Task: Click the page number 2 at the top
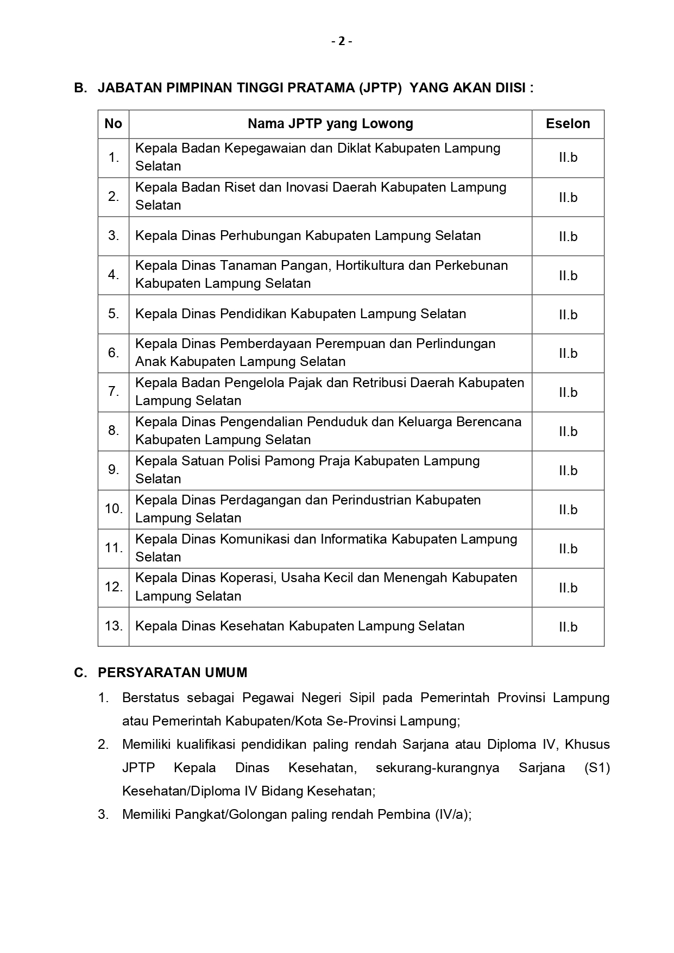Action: point(342,41)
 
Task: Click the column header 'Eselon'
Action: point(568,124)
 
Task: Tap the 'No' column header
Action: point(113,124)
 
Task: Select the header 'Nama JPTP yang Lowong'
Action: point(330,124)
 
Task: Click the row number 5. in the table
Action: point(113,314)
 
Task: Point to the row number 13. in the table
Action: point(114,626)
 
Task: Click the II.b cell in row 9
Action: point(568,470)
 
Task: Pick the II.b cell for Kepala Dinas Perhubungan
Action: point(568,236)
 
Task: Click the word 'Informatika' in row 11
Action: point(354,539)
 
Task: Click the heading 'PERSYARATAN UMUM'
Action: point(172,673)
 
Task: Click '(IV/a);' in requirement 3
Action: point(452,815)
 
